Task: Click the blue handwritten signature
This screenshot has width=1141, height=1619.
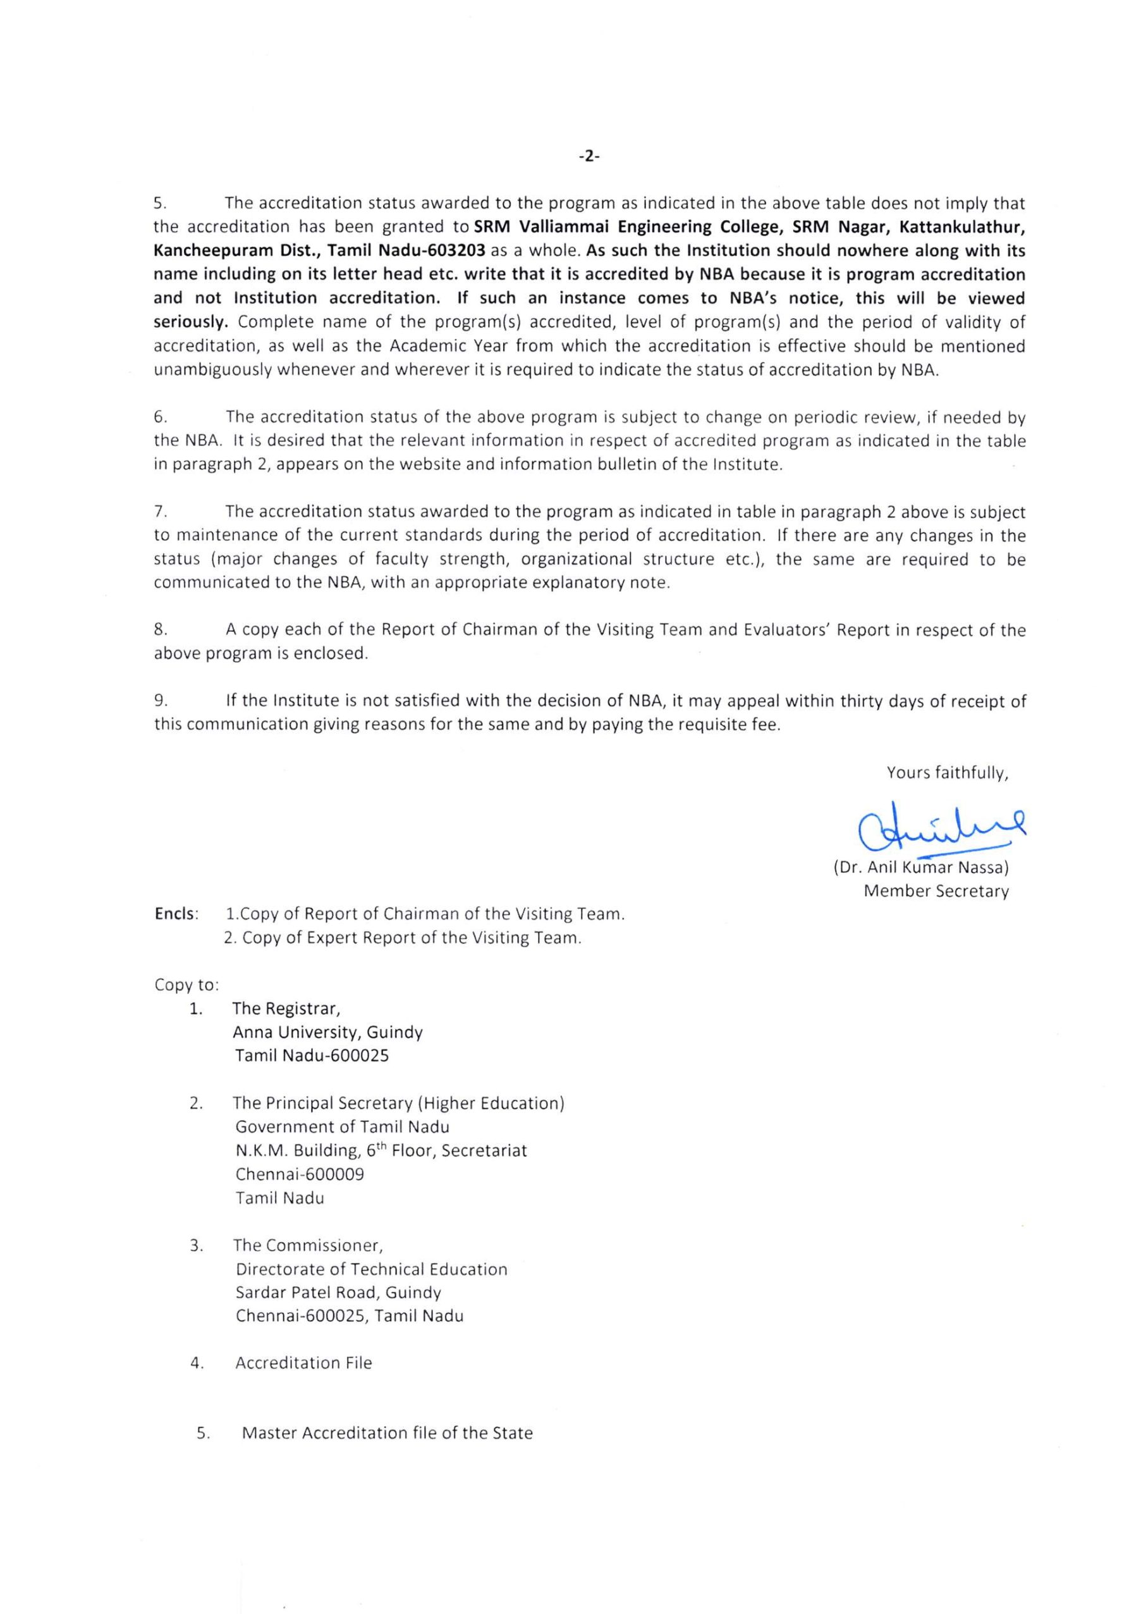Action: click(941, 829)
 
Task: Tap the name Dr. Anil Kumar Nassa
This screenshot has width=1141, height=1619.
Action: click(920, 867)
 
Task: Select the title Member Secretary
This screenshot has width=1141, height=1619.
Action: click(936, 891)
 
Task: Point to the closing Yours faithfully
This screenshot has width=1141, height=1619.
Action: click(947, 773)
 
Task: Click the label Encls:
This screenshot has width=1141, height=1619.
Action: click(176, 914)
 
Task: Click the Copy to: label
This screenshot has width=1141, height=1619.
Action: click(186, 985)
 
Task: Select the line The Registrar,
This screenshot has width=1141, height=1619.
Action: click(286, 1009)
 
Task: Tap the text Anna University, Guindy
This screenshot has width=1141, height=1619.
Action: click(327, 1033)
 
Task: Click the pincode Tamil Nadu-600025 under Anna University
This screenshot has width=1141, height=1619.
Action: click(312, 1056)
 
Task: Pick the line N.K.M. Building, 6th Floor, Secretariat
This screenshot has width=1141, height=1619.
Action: click(381, 1151)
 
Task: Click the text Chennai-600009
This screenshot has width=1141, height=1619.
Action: click(300, 1175)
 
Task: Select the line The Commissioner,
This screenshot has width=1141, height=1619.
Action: click(308, 1246)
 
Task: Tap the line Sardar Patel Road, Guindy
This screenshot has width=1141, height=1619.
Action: click(338, 1293)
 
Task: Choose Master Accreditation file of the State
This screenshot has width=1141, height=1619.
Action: click(387, 1434)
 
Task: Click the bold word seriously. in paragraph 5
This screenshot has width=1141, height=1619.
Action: click(191, 323)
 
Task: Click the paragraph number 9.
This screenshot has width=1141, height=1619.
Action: click(161, 701)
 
